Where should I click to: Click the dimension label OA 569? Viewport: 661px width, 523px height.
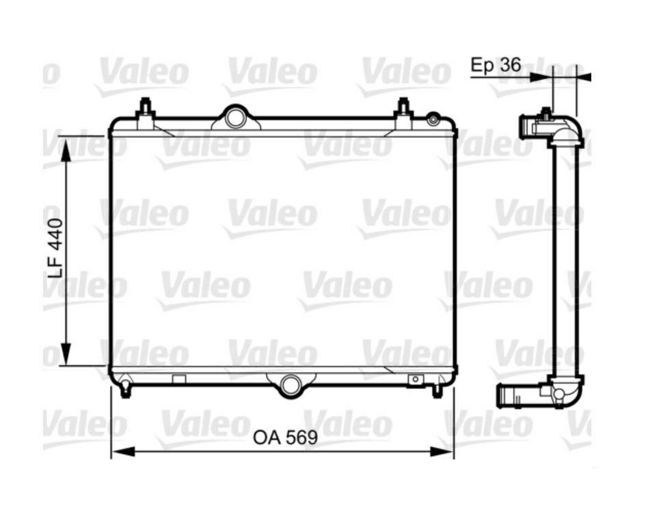point(285,438)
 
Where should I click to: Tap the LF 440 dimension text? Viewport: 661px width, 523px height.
point(55,248)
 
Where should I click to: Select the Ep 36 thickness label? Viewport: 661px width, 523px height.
point(496,65)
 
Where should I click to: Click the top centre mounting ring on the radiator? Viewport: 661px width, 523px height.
point(235,118)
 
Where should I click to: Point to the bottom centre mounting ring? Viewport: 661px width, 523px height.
point(291,385)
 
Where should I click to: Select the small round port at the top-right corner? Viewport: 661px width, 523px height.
point(433,120)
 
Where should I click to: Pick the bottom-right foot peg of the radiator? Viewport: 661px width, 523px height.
point(437,390)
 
